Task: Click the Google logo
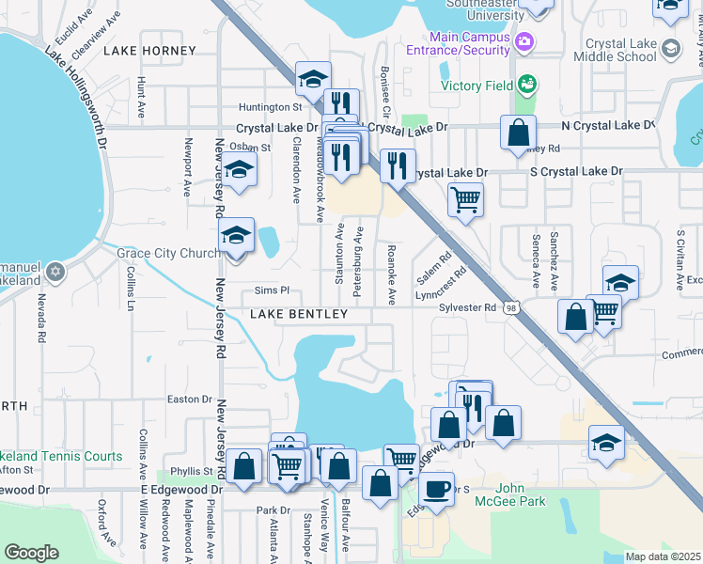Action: point(31,553)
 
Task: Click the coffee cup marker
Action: point(436,489)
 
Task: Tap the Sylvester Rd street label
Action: point(468,307)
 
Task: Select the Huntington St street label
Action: point(256,107)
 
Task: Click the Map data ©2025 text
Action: point(663,556)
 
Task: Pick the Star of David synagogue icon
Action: point(55,273)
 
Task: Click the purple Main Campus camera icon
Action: point(524,41)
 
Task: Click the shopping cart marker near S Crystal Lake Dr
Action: point(465,199)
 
